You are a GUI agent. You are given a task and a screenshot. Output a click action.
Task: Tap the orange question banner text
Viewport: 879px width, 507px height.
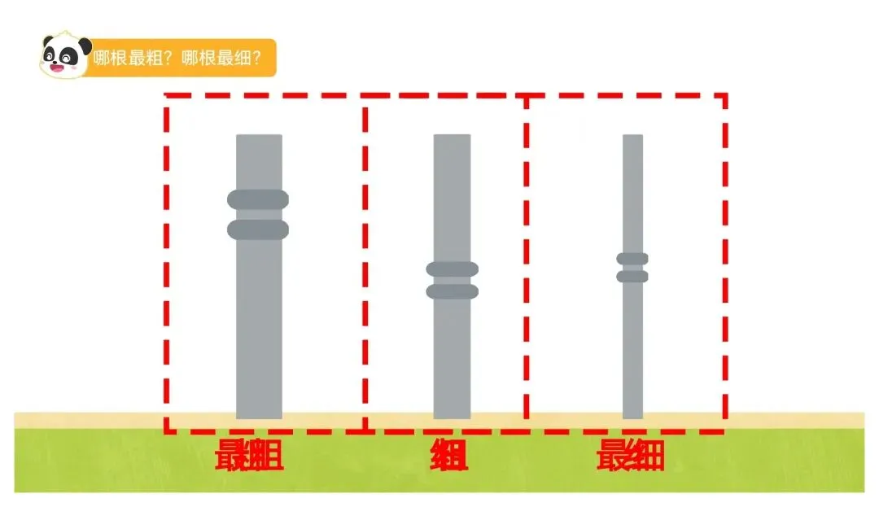pos(177,59)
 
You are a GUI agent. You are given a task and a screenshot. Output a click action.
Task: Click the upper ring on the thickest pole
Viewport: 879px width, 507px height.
pos(258,199)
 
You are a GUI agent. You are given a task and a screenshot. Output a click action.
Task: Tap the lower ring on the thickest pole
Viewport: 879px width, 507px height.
pos(258,229)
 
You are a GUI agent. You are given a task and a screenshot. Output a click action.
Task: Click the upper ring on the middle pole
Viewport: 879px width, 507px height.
pos(452,269)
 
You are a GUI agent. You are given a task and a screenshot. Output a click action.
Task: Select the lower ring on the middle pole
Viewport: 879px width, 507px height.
pos(452,291)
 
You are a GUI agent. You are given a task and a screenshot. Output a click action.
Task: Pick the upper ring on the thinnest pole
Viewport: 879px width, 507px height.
pos(632,259)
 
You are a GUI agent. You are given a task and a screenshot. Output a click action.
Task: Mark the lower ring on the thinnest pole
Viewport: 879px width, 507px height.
pos(632,277)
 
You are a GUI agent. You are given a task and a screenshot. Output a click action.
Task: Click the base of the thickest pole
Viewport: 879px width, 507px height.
pos(259,413)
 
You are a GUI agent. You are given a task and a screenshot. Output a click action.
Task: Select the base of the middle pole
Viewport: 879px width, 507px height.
pos(452,413)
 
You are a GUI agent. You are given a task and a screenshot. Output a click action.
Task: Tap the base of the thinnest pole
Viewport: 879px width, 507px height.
pos(632,413)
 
